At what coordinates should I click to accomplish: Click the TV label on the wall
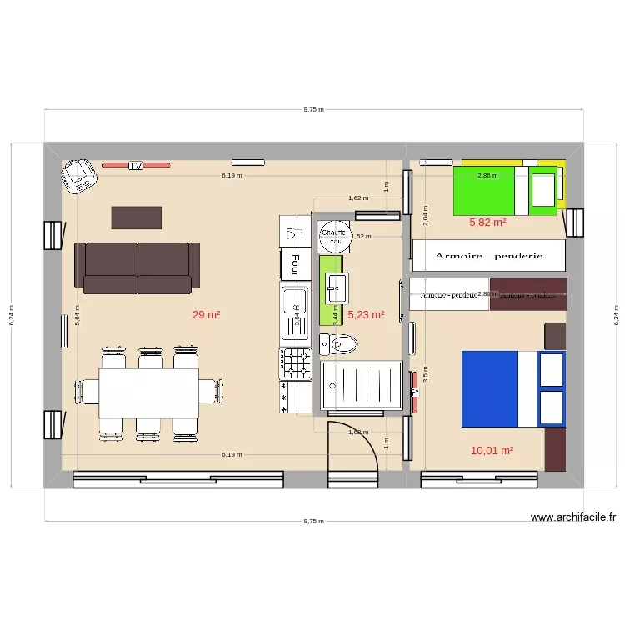[136, 166]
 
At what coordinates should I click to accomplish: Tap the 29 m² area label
[206, 315]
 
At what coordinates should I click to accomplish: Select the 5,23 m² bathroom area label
[366, 315]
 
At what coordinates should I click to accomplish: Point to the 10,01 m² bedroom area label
[492, 451]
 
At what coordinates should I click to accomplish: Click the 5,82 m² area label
[487, 222]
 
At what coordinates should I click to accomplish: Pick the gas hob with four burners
[294, 364]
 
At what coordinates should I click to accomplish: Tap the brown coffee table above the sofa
[137, 217]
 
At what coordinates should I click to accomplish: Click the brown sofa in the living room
[137, 267]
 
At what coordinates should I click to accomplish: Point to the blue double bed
[512, 387]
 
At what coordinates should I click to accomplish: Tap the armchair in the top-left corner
[79, 176]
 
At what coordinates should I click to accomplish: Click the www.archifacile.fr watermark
[574, 517]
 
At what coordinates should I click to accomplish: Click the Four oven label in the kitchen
[294, 265]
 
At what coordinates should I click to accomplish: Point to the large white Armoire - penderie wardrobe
[489, 256]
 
